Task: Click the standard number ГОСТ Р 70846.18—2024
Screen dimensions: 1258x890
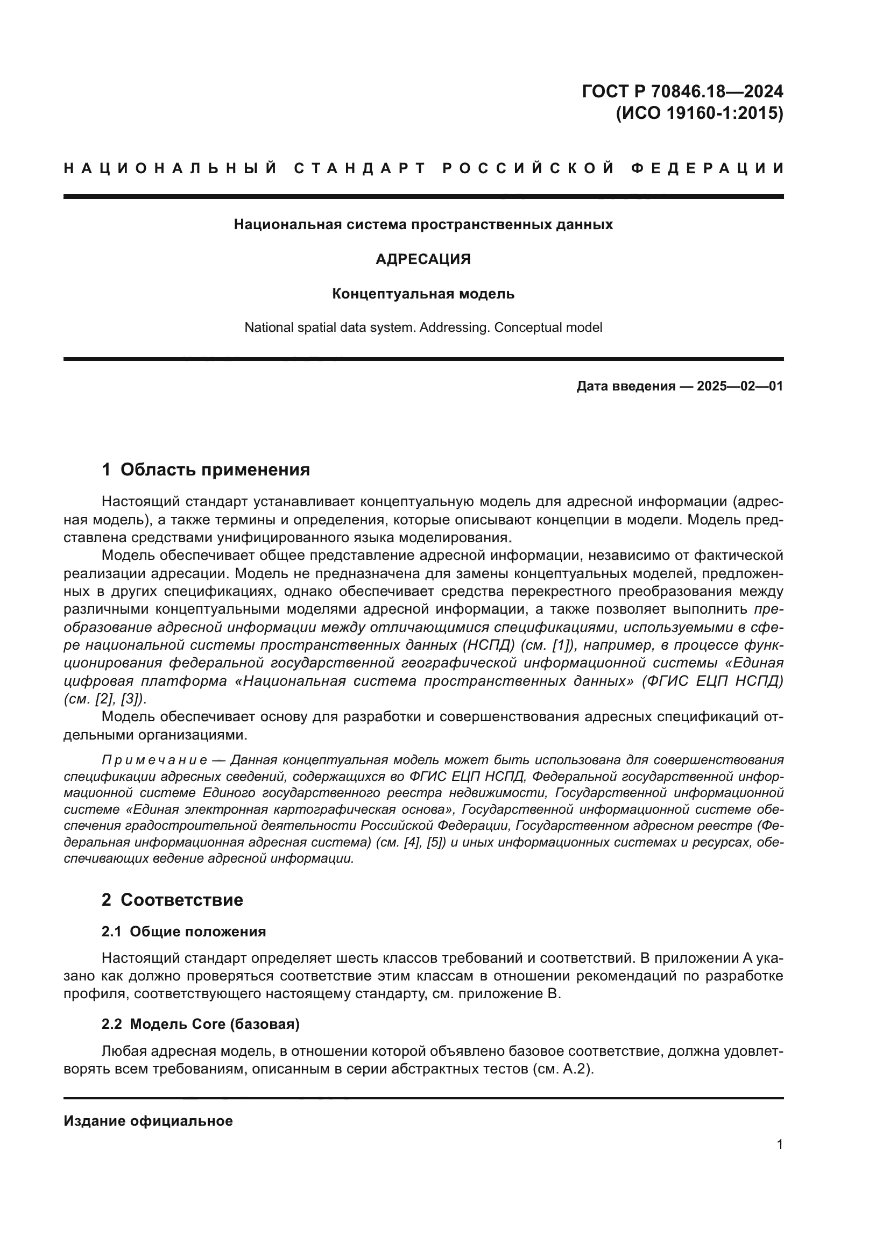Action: pyautogui.click(x=682, y=91)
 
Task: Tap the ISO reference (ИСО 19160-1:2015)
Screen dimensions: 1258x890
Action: pyautogui.click(x=700, y=113)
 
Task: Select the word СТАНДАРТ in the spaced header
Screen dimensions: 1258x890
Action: pyautogui.click(x=359, y=168)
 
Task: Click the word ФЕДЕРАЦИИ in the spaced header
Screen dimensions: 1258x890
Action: pyautogui.click(x=708, y=168)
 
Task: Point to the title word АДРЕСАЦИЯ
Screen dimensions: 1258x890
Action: pyautogui.click(x=423, y=259)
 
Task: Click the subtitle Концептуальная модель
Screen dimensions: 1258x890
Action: pyautogui.click(x=423, y=294)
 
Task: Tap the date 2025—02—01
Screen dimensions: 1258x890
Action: pyautogui.click(x=739, y=386)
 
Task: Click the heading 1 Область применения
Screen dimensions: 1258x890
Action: pyautogui.click(x=206, y=470)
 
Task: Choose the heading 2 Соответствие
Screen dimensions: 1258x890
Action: pyautogui.click(x=172, y=900)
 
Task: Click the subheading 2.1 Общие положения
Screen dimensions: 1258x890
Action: pyautogui.click(x=183, y=932)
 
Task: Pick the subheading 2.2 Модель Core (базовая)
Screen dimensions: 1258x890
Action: pyautogui.click(x=201, y=1024)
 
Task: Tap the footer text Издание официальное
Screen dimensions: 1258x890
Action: pyautogui.click(x=148, y=1121)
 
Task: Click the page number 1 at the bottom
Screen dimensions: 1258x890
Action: pyautogui.click(x=780, y=1145)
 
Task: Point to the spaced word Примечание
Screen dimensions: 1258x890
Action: pyautogui.click(x=154, y=761)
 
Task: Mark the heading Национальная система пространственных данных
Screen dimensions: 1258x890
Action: pyautogui.click(x=423, y=225)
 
